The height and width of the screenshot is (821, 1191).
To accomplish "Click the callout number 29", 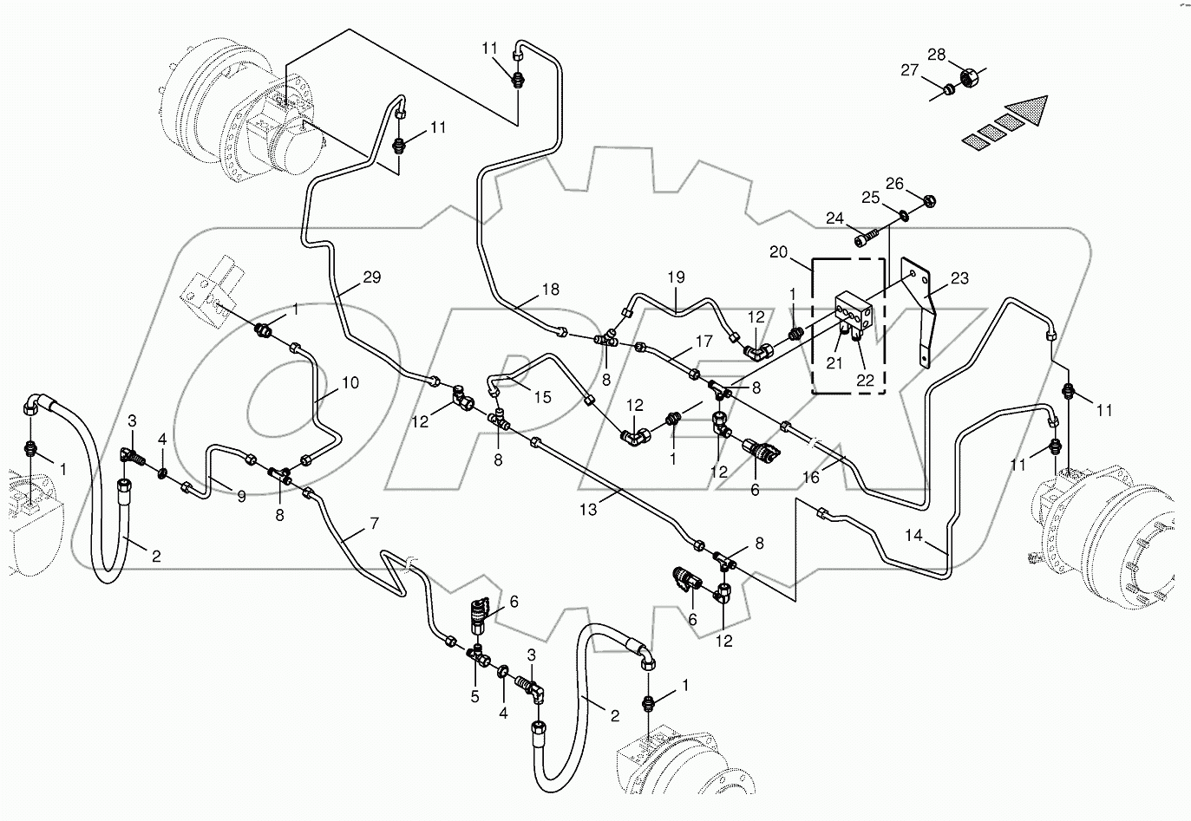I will click(x=371, y=278).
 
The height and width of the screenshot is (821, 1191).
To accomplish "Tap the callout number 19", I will click(x=676, y=277).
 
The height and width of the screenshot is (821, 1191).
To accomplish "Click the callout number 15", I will click(x=542, y=397).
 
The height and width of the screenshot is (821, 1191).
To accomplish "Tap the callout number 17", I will click(x=703, y=342).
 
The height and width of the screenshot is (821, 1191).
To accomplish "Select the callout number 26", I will click(x=894, y=183).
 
